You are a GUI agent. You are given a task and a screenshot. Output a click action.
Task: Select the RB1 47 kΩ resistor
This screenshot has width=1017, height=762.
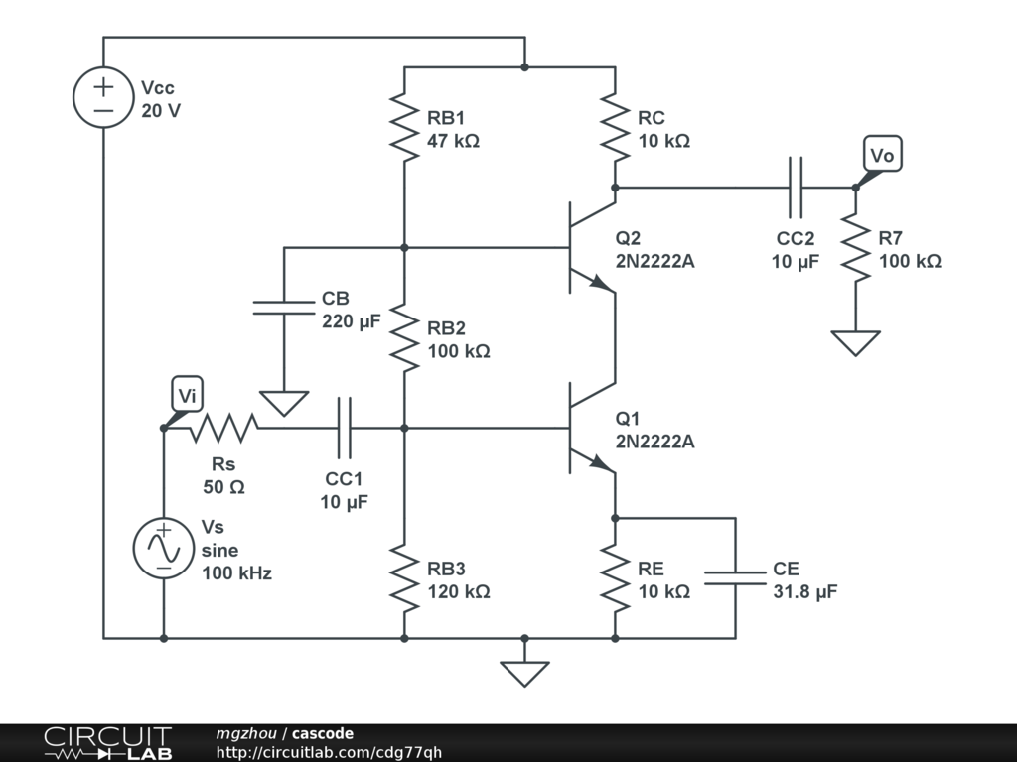pyautogui.click(x=405, y=127)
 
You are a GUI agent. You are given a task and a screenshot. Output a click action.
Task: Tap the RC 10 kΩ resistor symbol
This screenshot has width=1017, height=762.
pyautogui.click(x=616, y=127)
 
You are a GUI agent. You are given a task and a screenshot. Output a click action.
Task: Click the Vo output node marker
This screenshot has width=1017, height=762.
pyautogui.click(x=882, y=156)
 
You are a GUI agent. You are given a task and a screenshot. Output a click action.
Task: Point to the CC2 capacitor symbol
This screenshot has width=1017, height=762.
pyautogui.click(x=795, y=187)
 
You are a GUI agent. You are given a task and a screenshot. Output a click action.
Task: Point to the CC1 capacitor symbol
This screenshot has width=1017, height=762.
pyautogui.click(x=345, y=429)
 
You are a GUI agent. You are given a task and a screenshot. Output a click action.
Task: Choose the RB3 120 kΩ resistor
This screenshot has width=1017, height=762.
pyautogui.click(x=405, y=578)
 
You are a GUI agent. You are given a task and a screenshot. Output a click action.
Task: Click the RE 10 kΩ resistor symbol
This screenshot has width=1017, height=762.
pyautogui.click(x=616, y=578)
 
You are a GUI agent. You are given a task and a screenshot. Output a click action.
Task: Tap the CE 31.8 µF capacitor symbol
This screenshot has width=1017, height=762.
pyautogui.click(x=736, y=578)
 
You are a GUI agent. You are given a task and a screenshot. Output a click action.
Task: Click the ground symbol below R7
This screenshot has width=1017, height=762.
pyautogui.click(x=855, y=342)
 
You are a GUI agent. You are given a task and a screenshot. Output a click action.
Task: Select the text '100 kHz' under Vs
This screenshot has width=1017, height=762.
pyautogui.click(x=236, y=572)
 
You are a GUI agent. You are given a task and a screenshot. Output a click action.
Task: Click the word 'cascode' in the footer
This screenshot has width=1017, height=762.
pyautogui.click(x=322, y=734)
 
